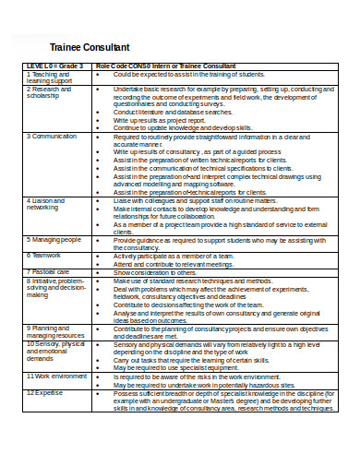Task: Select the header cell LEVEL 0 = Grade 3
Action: (54, 66)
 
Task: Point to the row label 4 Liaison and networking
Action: (47, 203)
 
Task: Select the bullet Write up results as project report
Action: (159, 120)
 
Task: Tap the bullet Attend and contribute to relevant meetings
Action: (178, 264)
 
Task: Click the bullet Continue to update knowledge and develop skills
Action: (186, 127)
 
